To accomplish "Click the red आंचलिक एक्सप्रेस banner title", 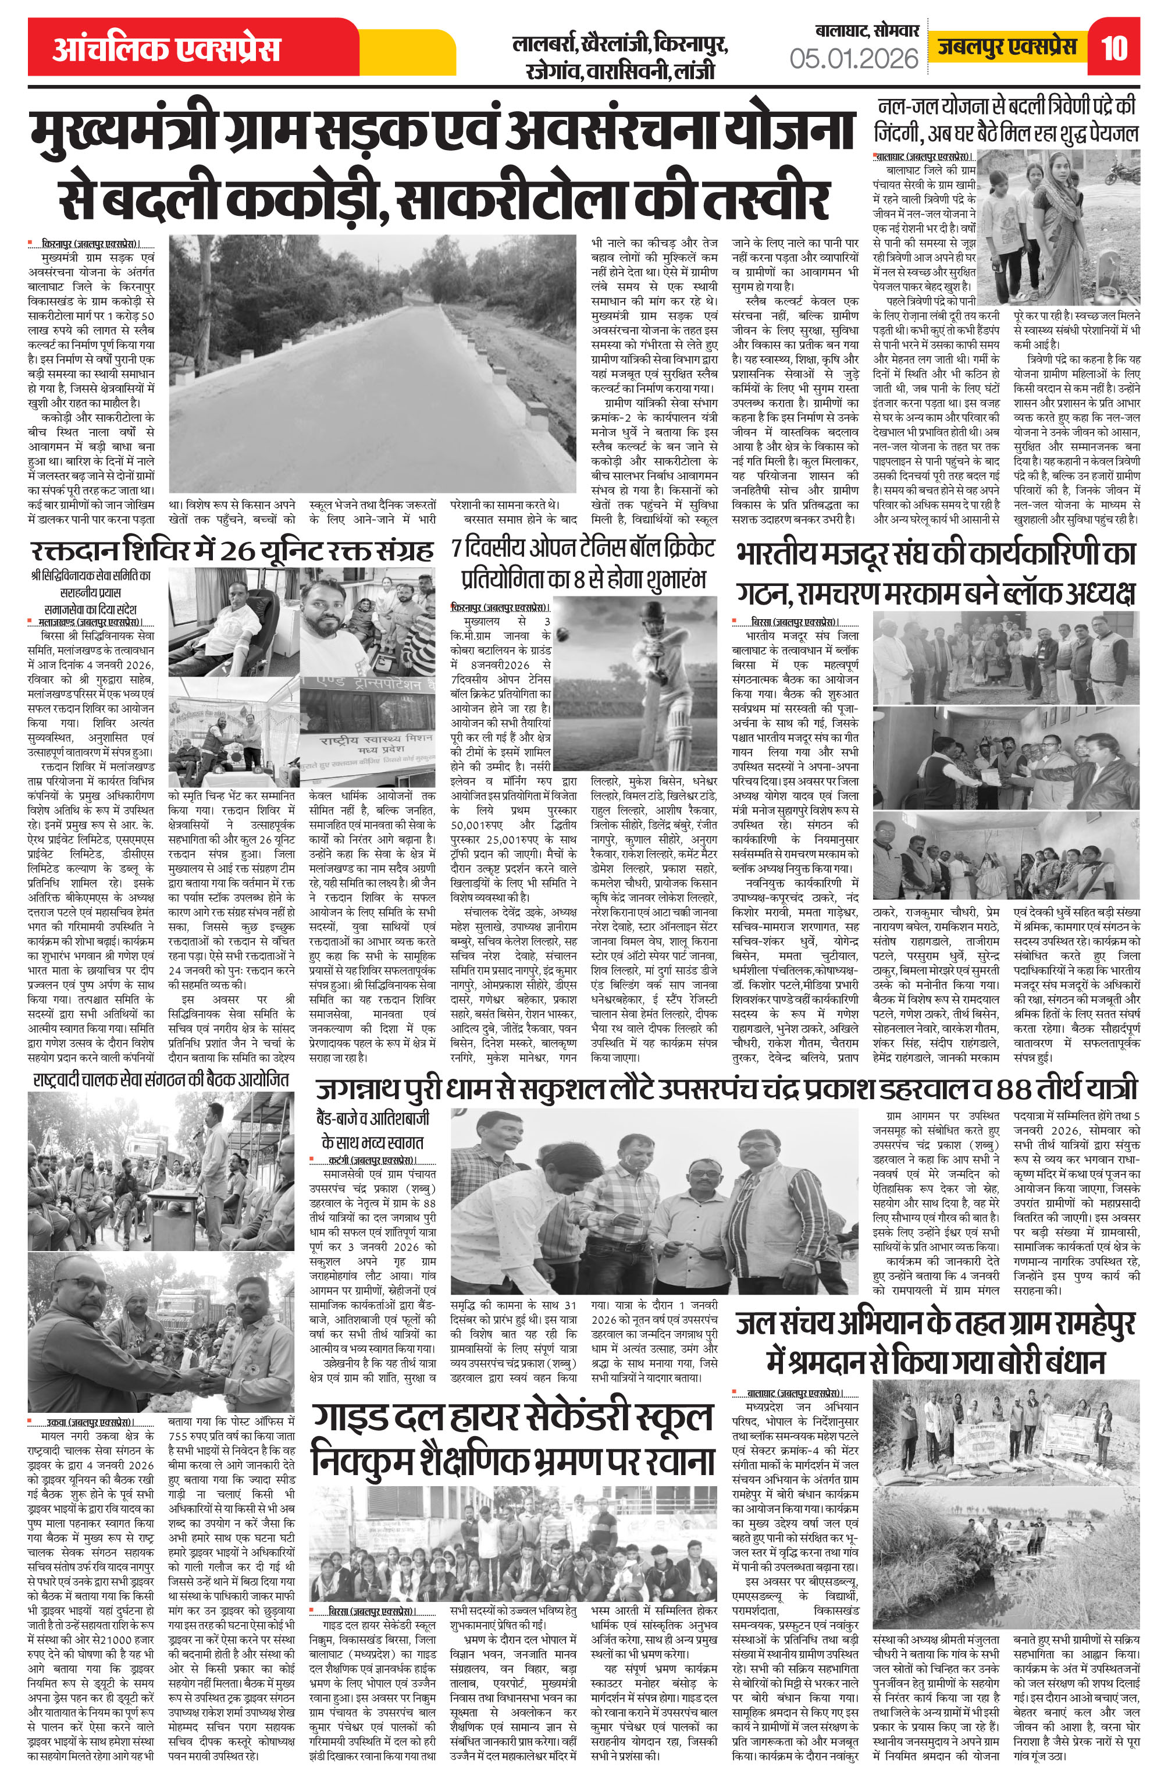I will coord(166,49).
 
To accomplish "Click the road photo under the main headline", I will coord(373,364).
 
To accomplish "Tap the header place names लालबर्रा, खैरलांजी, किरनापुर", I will coord(619,44).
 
